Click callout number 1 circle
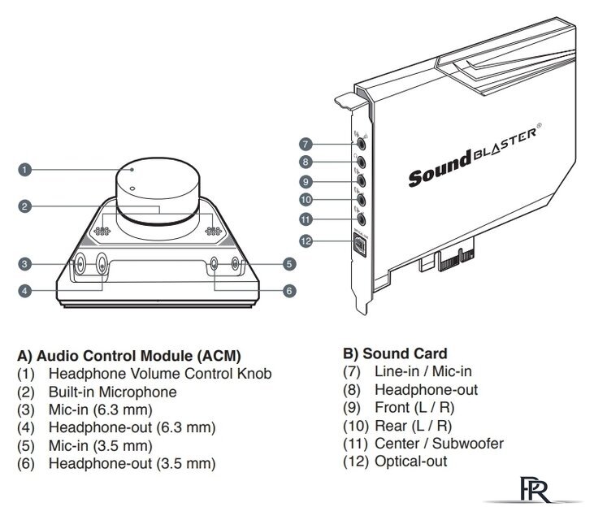coord(25,170)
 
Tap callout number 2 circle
coord(25,206)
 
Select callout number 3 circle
coord(25,263)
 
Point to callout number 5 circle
coord(290,263)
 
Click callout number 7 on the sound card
coord(306,144)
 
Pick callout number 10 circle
coord(306,199)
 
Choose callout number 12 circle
coord(306,240)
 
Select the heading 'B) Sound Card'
coord(396,353)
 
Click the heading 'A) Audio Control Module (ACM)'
coord(129,355)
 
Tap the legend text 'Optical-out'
coord(410,461)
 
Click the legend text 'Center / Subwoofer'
coord(439,444)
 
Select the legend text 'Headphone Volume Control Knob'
coord(159,374)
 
